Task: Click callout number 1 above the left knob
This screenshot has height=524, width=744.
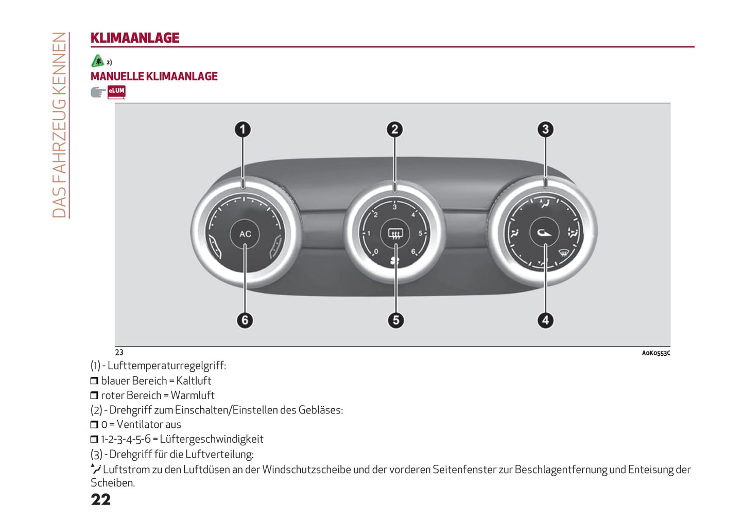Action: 243,129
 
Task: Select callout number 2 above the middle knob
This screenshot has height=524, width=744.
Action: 394,129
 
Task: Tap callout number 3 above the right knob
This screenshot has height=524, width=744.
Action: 545,129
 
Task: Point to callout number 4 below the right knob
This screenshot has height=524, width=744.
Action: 545,320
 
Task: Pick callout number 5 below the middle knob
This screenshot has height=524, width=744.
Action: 395,320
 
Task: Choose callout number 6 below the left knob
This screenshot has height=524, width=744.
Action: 245,320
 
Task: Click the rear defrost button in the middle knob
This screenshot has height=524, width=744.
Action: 395,234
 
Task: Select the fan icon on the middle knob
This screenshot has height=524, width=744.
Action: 395,261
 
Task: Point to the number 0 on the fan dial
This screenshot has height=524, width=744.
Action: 376,251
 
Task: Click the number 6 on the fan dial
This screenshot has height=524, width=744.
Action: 413,251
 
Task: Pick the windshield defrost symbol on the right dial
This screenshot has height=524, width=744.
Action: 564,253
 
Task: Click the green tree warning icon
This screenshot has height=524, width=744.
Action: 97,61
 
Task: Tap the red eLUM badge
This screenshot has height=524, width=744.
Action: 116,92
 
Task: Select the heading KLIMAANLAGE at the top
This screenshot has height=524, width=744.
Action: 135,38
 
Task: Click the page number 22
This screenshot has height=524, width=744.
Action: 101,500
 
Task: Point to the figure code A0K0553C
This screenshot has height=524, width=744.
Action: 655,353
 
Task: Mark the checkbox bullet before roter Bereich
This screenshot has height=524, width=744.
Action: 94,395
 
